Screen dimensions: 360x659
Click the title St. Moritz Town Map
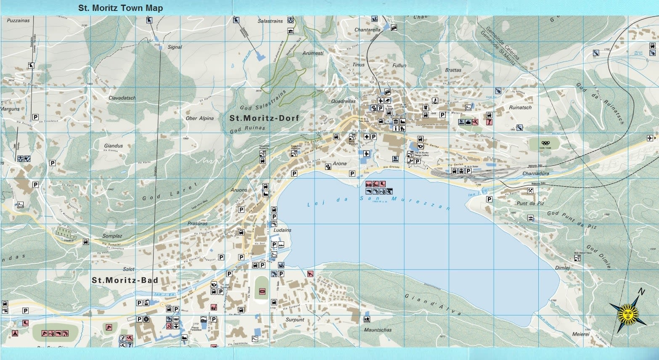pyautogui.click(x=120, y=8)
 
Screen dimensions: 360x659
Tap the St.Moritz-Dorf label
pyautogui.click(x=264, y=118)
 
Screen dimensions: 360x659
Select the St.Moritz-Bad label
pyautogui.click(x=125, y=280)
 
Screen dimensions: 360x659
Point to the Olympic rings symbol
pyautogui.click(x=545, y=143)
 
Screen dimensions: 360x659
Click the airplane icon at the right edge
pyautogui.click(x=651, y=138)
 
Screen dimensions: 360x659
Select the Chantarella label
pyautogui.click(x=367, y=30)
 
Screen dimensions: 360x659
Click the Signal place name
pyautogui.click(x=175, y=47)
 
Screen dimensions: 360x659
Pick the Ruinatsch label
pyautogui.click(x=520, y=107)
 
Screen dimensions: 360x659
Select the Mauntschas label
pyautogui.click(x=378, y=330)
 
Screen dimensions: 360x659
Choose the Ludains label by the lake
pyautogui.click(x=282, y=230)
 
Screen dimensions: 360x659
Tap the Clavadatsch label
pyautogui.click(x=122, y=98)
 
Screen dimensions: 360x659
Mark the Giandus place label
pyautogui.click(x=114, y=146)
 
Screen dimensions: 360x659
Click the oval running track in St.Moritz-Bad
pyautogui.click(x=262, y=289)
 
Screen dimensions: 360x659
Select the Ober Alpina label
pyautogui.click(x=199, y=118)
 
